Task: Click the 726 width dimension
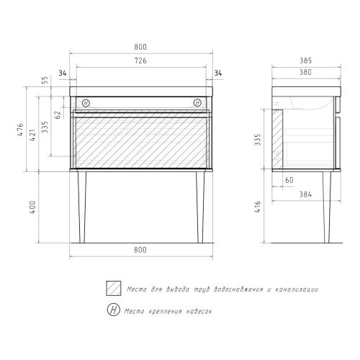click(140, 60)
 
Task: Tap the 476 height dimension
click(21, 130)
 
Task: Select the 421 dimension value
click(33, 135)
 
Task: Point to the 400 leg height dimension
click(33, 207)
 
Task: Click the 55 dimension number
click(45, 80)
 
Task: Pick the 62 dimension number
click(58, 114)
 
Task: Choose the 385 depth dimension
click(305, 60)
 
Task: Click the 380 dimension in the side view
click(305, 72)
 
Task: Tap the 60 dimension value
click(289, 180)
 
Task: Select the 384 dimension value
click(305, 194)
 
